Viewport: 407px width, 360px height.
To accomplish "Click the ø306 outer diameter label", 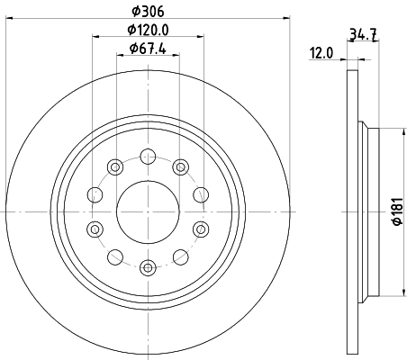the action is [x=149, y=12].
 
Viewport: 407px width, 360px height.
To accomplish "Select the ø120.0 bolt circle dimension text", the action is [x=149, y=30].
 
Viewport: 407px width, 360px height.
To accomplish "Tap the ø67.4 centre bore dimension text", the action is [x=148, y=49].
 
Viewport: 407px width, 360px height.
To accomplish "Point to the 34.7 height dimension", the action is [x=364, y=33].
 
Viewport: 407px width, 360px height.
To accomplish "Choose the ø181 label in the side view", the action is [x=398, y=211].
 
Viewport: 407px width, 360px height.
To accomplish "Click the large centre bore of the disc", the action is [x=148, y=211].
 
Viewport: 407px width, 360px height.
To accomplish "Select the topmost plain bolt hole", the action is [x=148, y=157].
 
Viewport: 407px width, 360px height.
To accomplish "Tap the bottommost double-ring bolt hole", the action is [x=148, y=267].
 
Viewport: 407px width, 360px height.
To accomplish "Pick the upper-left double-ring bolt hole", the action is [x=115, y=166].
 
